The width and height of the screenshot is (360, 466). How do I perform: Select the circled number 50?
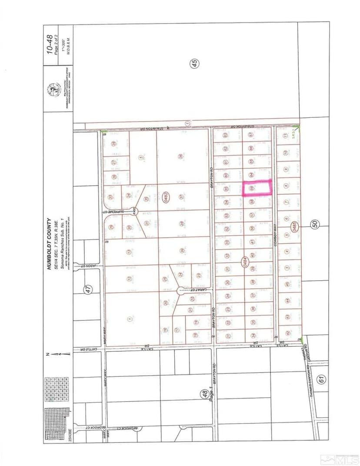click(x=315, y=224)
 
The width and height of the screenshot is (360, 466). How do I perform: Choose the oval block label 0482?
click(x=166, y=197)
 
